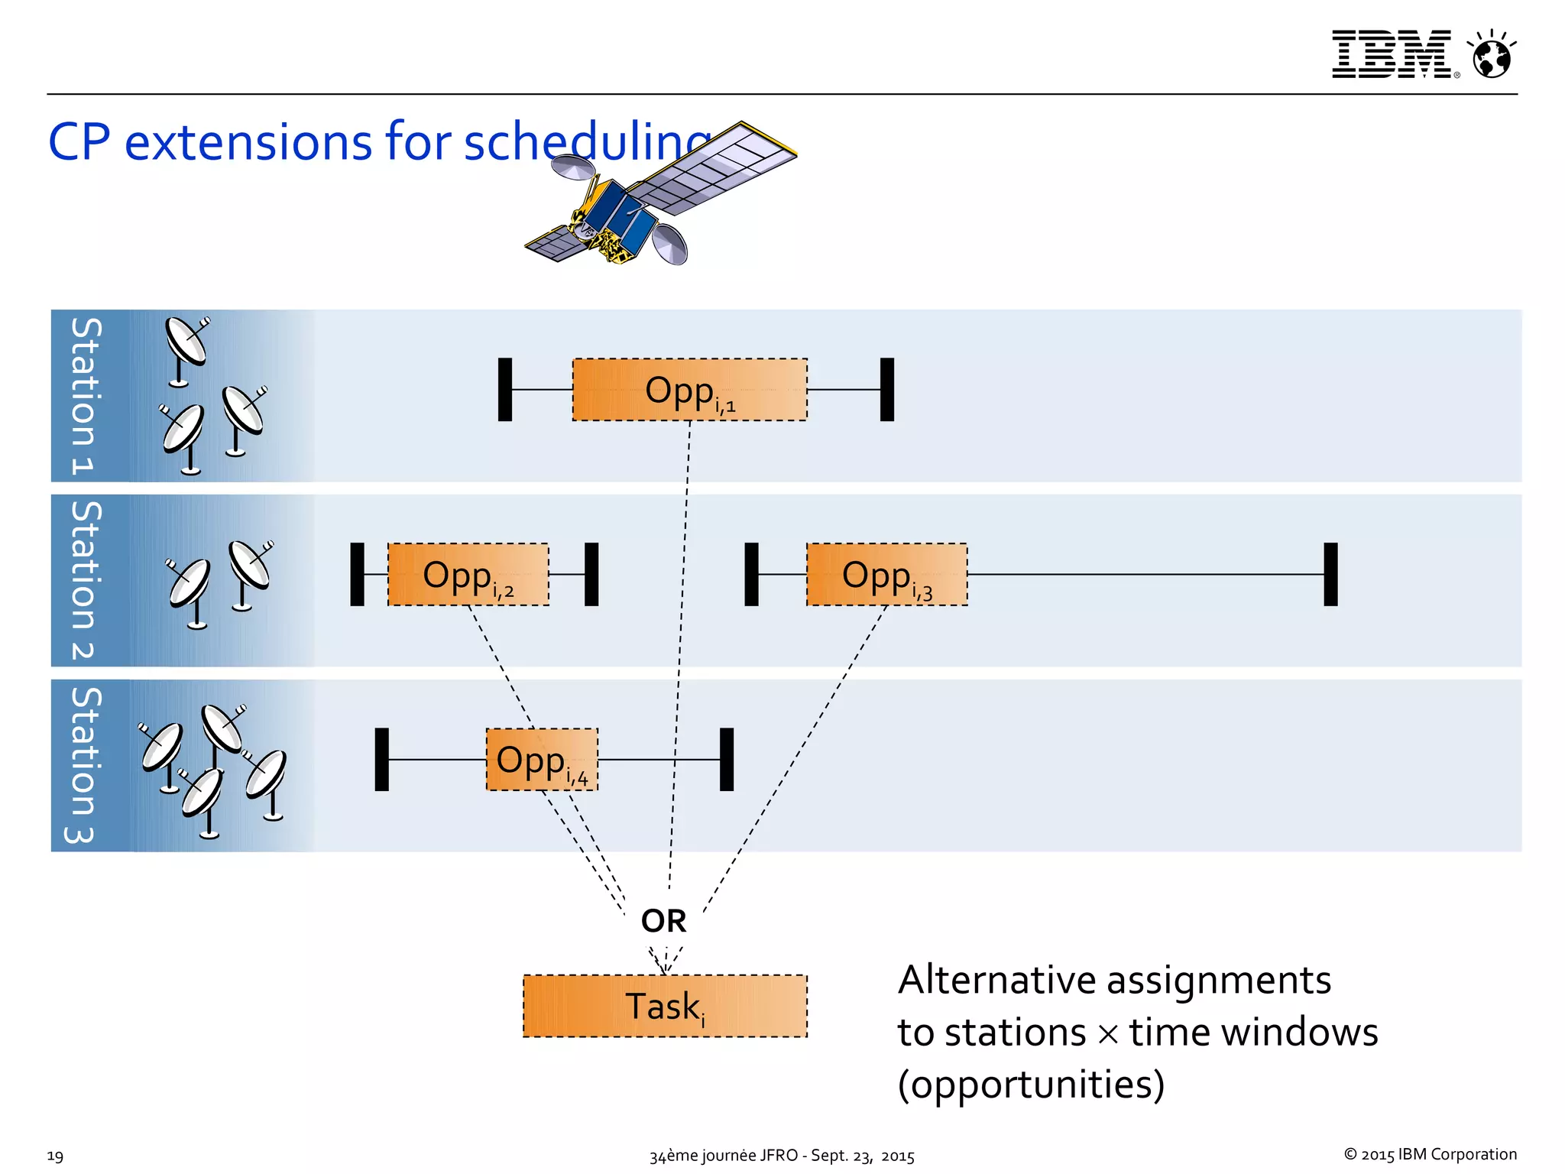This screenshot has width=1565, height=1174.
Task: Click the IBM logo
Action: [1391, 54]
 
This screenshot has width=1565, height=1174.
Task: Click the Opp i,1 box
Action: [689, 390]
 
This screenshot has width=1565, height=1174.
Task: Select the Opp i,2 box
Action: [468, 575]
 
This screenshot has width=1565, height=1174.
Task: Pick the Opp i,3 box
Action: [886, 575]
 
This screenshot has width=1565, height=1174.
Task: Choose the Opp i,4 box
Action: [542, 760]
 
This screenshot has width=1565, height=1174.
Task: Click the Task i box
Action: [665, 1006]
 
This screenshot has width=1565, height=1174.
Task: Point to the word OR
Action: [663, 921]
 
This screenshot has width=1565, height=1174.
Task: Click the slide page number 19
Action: [55, 1156]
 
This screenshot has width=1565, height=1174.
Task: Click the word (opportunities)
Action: [1030, 1085]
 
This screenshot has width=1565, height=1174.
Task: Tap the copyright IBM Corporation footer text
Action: [1430, 1154]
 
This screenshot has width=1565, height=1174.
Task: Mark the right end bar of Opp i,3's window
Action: [1330, 575]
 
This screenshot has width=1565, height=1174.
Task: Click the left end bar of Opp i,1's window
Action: [504, 390]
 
